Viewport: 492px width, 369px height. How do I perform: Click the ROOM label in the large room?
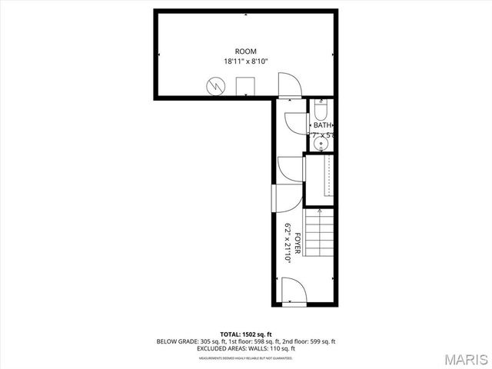tap(246, 51)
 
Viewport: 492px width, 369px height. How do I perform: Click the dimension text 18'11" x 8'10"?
tap(246, 61)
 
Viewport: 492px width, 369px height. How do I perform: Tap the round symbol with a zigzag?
tap(216, 86)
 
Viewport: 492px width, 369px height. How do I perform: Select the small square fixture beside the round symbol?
tap(245, 86)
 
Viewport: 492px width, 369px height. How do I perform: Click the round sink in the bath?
tap(322, 142)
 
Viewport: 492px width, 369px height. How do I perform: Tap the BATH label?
tap(322, 125)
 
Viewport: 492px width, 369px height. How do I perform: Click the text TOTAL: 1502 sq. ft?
tap(246, 334)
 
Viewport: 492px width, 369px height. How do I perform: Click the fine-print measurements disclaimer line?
tap(246, 358)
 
